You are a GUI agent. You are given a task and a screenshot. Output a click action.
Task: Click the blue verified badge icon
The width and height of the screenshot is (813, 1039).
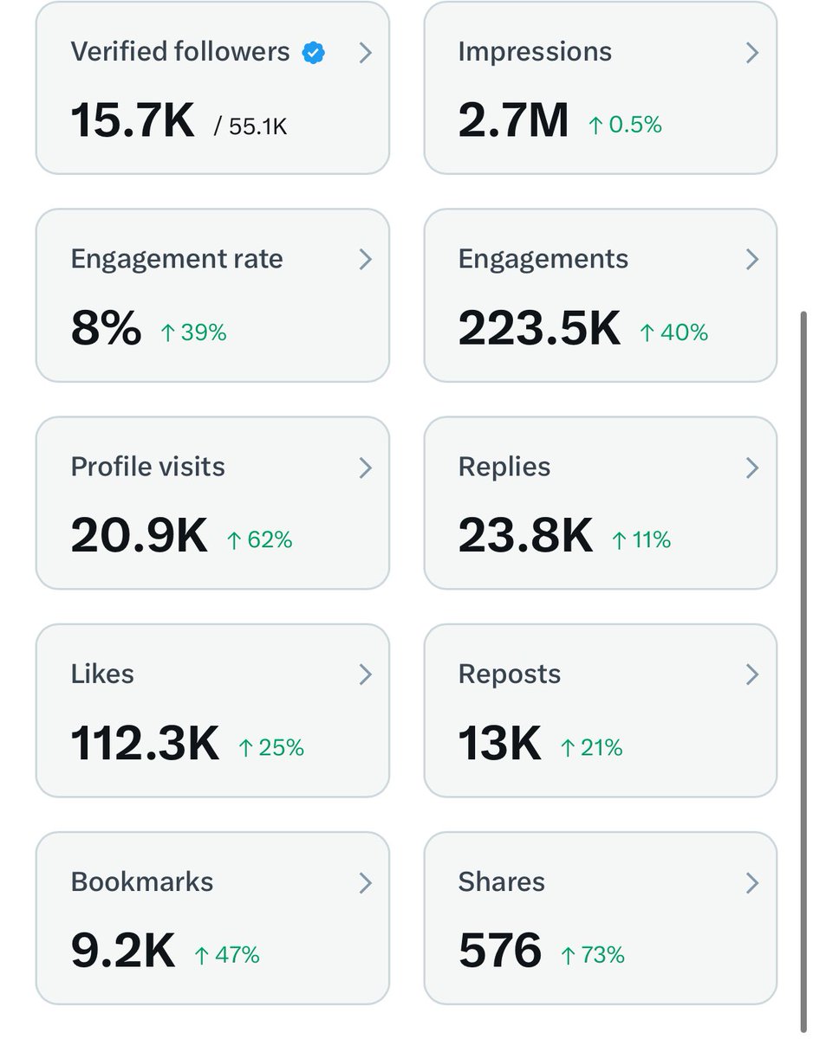pos(314,53)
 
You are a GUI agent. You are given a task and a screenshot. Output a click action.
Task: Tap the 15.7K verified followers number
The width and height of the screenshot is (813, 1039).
pos(133,120)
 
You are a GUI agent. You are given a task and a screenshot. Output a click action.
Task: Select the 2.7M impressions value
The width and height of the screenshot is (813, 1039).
pos(513,120)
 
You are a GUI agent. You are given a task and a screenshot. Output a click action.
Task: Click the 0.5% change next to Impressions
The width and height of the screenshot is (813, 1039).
pos(625,126)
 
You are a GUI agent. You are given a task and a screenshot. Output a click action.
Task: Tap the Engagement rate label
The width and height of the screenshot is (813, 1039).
pos(177,259)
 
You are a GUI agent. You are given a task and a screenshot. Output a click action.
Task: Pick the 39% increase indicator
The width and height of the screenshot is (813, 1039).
pos(193,332)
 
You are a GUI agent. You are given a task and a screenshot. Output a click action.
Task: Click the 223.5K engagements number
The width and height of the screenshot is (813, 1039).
pos(539,328)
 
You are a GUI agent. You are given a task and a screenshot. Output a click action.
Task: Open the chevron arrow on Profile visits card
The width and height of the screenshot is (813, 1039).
pos(365,468)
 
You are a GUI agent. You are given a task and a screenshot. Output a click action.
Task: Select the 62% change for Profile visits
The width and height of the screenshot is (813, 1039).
pos(259,540)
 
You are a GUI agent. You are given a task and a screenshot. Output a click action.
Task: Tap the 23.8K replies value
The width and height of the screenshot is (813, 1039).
pos(525,536)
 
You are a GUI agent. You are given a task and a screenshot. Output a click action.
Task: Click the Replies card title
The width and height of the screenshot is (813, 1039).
pos(504,467)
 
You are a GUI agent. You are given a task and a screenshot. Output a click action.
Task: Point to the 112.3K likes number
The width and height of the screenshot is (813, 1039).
pos(145,744)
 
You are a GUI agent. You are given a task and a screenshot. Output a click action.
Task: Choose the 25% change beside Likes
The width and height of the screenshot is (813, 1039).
pos(271,748)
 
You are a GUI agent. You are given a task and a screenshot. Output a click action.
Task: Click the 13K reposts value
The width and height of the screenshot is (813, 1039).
pos(499,744)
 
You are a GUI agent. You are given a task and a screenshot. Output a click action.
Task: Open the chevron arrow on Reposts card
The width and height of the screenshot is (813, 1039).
pos(752,675)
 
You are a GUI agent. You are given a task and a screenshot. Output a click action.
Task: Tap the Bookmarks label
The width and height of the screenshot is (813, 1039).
pos(141,881)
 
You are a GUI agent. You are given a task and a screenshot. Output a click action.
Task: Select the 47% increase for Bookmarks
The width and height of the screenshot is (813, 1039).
pos(226,955)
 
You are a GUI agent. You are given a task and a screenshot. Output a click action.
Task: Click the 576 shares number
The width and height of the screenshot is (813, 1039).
pos(499,952)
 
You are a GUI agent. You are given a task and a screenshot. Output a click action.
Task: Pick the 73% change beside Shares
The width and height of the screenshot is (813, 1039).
pos(592,955)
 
